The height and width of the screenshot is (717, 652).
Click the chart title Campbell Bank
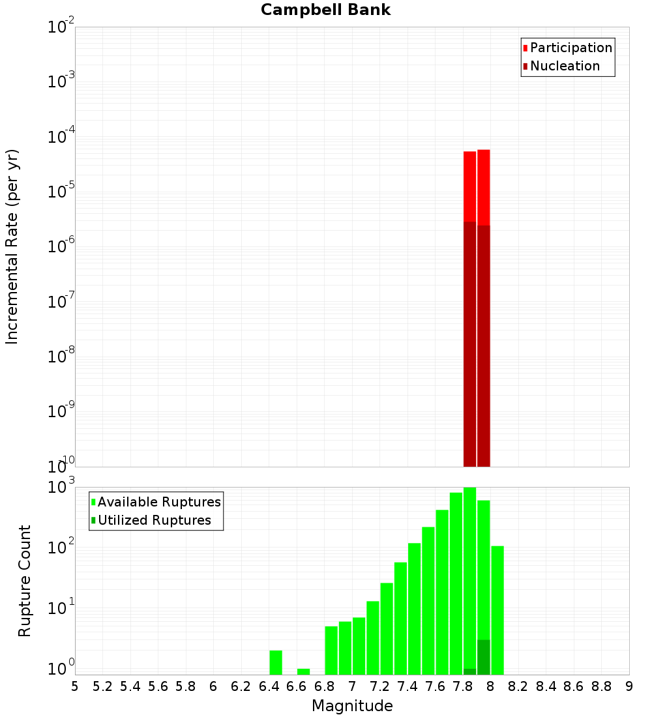325,10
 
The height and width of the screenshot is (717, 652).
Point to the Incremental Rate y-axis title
12,247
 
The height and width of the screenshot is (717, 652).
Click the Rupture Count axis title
25,581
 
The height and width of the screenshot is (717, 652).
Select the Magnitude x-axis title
352,706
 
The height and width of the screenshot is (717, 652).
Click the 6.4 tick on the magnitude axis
269,686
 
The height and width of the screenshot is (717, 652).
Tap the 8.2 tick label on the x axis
518,686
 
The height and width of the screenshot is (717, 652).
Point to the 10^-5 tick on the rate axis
61,192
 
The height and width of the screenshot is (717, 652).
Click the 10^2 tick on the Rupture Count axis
61,546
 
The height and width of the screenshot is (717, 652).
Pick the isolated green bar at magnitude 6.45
276,662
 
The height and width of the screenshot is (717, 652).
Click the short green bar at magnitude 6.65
303,671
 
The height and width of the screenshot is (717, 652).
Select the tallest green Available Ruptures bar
469,580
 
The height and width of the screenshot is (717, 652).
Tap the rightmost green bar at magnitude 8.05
497,610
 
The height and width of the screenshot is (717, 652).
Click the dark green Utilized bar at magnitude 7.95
483,657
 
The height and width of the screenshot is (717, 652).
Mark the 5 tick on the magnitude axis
75,686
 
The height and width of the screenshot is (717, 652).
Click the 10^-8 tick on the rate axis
61,357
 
